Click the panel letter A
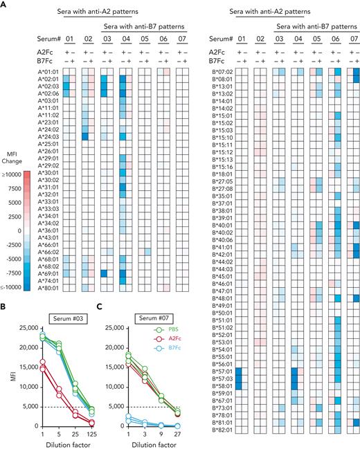point(5,6)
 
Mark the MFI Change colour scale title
point(12,152)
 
